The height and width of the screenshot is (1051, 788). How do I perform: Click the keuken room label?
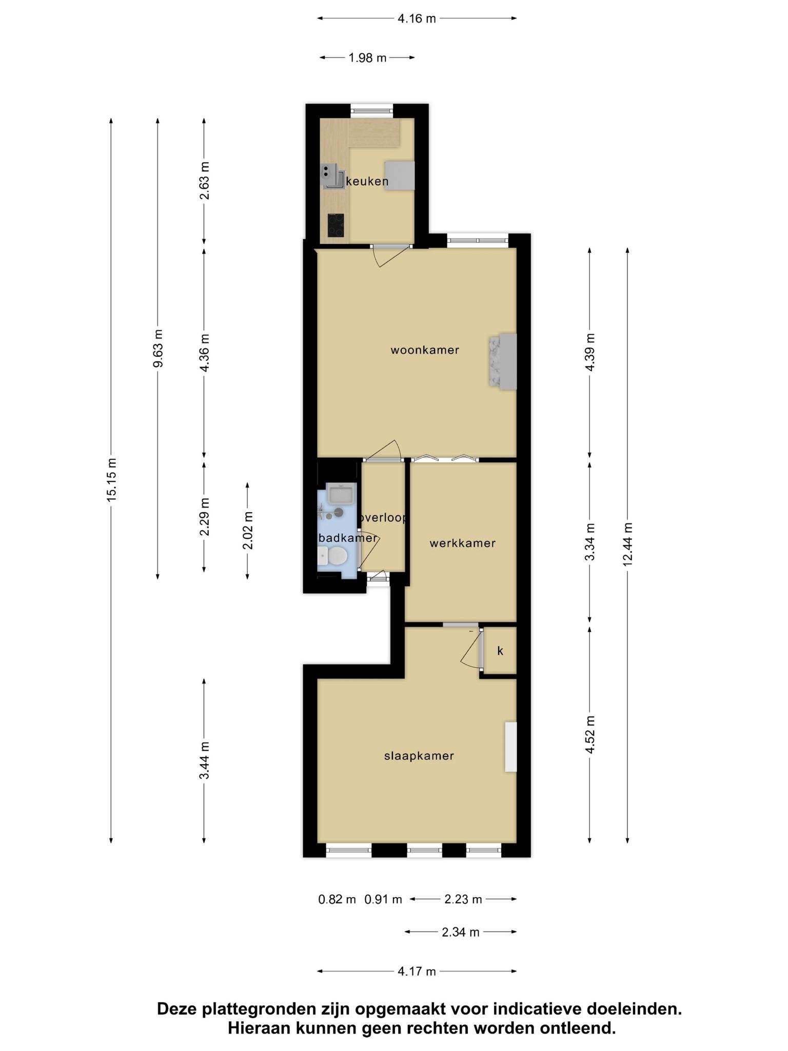[x=367, y=181]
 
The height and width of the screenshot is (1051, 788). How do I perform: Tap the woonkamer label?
[x=425, y=350]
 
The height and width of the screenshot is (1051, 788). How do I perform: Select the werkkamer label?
[x=463, y=543]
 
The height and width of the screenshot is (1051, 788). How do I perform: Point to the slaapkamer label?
[x=419, y=756]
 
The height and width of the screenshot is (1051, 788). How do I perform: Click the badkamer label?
[x=348, y=538]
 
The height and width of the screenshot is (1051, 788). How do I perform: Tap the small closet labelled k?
[x=500, y=651]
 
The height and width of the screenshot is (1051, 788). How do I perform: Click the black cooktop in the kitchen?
[x=336, y=225]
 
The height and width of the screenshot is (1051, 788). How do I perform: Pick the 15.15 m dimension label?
[x=112, y=479]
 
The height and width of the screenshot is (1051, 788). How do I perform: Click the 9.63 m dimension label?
[x=158, y=348]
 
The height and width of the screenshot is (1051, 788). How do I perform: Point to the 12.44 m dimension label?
[x=627, y=544]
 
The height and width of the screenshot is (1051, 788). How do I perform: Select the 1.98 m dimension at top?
[x=367, y=58]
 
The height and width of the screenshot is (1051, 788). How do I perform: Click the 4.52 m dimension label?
[x=590, y=735]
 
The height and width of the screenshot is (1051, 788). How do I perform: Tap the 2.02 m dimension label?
[x=248, y=531]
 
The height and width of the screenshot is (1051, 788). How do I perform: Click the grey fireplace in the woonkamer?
[x=503, y=361]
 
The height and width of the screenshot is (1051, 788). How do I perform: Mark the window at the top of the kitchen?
[x=372, y=110]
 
